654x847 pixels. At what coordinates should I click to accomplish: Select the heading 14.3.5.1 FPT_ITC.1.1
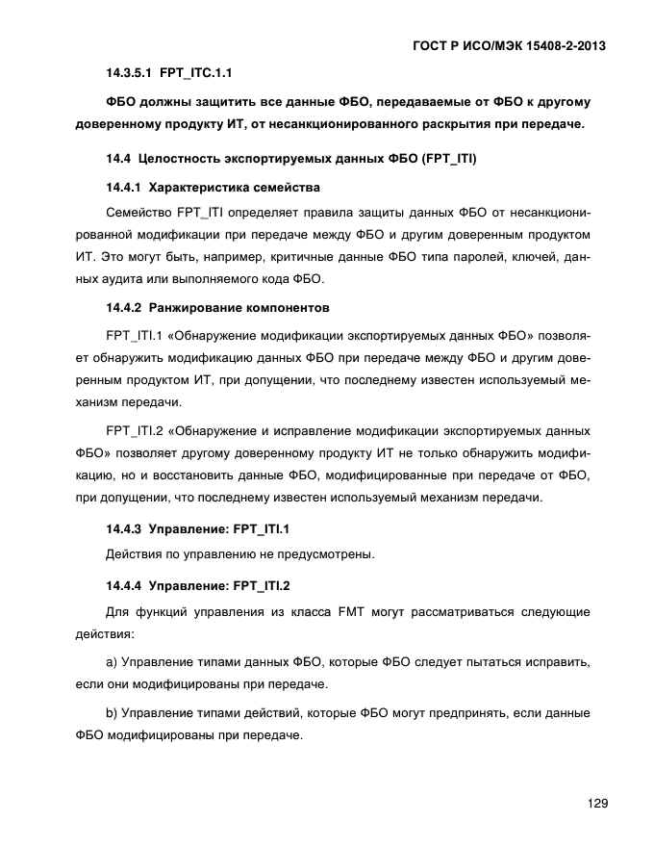(169, 73)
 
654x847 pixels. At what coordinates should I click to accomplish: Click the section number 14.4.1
(124, 186)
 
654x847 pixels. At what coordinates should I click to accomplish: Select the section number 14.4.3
(124, 527)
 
